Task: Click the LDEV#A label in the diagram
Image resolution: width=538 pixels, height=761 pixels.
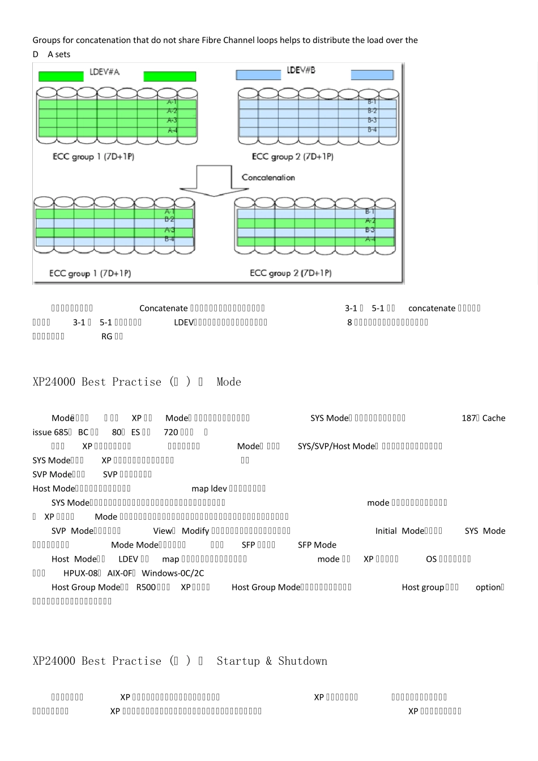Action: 105,72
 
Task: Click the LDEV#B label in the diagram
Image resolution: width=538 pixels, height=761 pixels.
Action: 301,70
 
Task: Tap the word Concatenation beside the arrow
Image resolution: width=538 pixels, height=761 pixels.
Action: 268,178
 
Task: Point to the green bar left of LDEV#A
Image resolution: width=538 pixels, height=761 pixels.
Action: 61,76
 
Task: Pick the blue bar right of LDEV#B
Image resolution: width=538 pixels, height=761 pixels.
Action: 372,75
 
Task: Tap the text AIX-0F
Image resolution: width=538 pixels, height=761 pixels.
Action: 120,573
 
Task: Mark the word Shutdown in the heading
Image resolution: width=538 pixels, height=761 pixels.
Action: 302,661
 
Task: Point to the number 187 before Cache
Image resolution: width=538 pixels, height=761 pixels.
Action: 469,418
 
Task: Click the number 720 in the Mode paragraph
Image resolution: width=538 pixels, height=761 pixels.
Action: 170,432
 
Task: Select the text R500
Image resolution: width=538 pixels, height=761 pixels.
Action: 146,587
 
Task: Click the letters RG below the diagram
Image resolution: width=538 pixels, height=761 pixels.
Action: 107,336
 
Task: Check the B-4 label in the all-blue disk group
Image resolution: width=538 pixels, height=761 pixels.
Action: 372,130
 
